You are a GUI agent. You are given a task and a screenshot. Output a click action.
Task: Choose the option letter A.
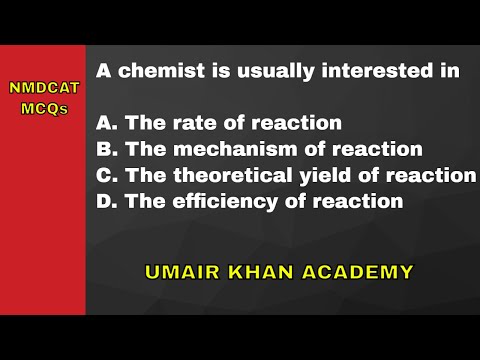click(106, 124)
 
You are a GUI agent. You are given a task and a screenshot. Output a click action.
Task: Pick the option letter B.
click(106, 150)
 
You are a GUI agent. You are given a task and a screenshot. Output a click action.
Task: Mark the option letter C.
click(106, 176)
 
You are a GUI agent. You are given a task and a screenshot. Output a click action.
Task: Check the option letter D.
click(106, 202)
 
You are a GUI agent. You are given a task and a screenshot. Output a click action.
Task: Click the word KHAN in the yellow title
click(258, 270)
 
